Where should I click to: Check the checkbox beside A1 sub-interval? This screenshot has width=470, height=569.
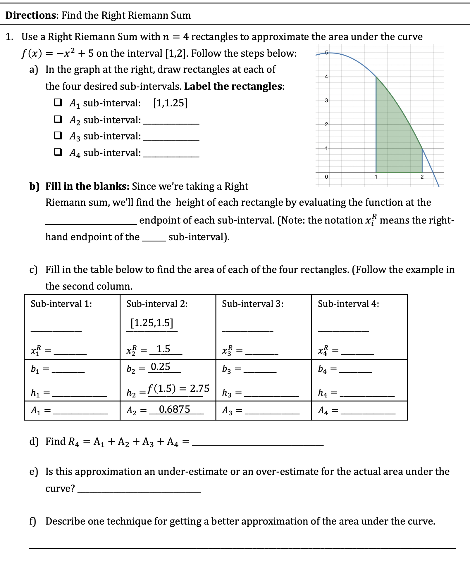coord(58,103)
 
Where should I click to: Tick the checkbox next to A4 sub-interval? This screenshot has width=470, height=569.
coord(58,152)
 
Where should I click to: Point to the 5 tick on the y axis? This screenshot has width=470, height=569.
coord(326,53)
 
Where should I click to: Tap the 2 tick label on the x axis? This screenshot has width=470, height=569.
coord(422,177)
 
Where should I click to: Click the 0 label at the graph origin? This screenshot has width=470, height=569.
coord(326,177)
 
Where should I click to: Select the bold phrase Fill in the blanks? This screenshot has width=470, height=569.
coord(87,186)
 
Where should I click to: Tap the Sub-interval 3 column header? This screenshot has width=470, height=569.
coord(253,304)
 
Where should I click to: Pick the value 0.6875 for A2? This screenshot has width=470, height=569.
coord(175,409)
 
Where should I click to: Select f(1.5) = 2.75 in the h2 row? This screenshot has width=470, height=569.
coord(178,388)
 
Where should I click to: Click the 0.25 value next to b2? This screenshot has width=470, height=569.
coord(160,367)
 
